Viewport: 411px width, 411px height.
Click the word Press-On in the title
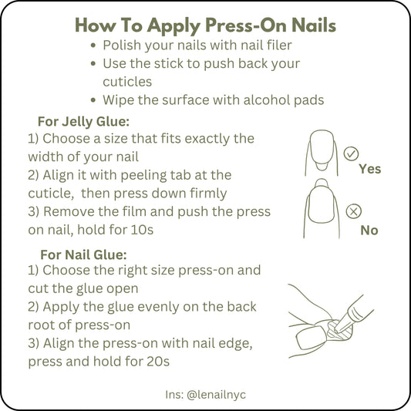[x=247, y=25]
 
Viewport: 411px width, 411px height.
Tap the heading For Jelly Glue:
[x=83, y=122]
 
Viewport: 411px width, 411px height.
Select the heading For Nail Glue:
[x=83, y=254]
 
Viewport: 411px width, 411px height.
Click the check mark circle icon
[x=351, y=153]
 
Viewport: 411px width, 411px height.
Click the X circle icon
[x=354, y=211]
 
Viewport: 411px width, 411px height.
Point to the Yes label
[x=370, y=169]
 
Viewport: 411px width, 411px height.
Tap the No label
[x=369, y=231]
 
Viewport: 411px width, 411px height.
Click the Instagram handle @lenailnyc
[x=216, y=395]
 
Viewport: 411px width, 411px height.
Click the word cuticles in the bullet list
[x=127, y=82]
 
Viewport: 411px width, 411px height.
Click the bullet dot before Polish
[x=93, y=45]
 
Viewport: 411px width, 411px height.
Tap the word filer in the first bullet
[x=279, y=45]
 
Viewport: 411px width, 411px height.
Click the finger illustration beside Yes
[x=322, y=153]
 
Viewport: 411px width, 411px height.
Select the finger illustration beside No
[x=322, y=209]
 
